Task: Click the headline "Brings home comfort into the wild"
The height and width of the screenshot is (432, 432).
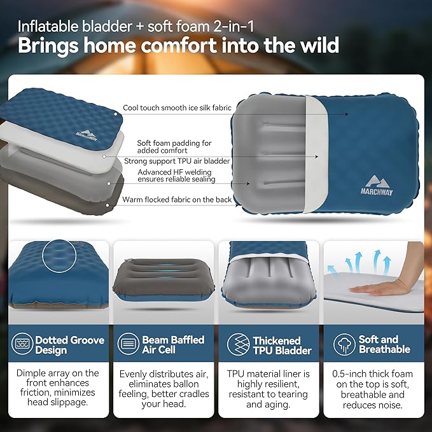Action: (178, 46)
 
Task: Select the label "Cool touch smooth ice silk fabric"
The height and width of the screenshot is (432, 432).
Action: (177, 109)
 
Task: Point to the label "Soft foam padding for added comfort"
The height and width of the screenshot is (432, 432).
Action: (174, 147)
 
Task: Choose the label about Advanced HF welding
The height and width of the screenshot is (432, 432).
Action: (176, 175)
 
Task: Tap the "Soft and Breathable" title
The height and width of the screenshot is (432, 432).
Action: (378, 345)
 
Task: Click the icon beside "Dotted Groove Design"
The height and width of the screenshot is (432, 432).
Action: (24, 345)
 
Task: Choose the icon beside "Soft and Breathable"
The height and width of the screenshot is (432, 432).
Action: (344, 345)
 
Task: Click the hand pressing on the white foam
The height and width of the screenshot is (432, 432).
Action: (382, 288)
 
